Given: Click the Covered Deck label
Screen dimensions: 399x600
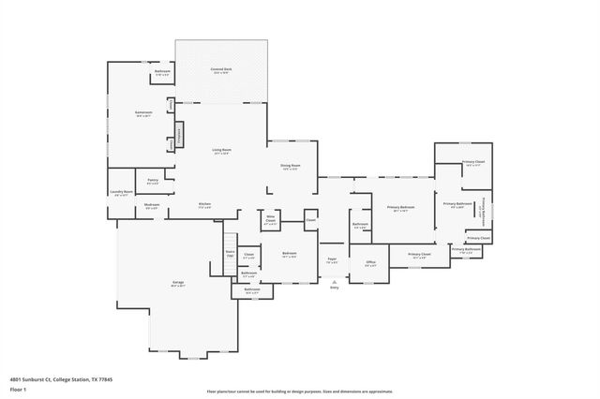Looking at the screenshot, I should (x=221, y=70).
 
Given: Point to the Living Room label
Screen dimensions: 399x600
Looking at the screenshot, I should (x=221, y=151).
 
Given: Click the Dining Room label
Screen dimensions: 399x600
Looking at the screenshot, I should (x=290, y=167).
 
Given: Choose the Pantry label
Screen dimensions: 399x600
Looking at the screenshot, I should (x=152, y=182).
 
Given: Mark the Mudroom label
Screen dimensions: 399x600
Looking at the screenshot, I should (x=151, y=205).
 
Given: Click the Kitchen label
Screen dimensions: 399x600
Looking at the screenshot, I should (x=204, y=205).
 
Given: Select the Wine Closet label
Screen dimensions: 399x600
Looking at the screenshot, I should (x=270, y=222).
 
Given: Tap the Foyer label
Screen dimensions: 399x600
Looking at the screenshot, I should (x=331, y=260).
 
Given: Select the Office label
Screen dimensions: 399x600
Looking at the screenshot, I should (x=370, y=263).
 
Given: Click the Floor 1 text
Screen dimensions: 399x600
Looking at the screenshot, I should (x=18, y=389).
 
